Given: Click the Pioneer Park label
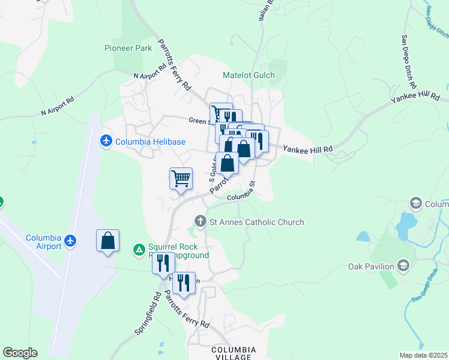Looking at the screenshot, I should pyautogui.click(x=128, y=48).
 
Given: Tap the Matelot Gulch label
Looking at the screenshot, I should pyautogui.click(x=249, y=75).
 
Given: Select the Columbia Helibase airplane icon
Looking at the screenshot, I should pyautogui.click(x=107, y=142).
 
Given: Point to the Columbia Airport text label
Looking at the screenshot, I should pyautogui.click(x=43, y=242).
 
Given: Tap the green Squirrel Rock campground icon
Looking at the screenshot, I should pyautogui.click(x=139, y=248).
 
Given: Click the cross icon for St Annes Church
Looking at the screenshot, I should pyautogui.click(x=200, y=222).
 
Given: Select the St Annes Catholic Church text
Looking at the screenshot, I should pyautogui.click(x=256, y=222).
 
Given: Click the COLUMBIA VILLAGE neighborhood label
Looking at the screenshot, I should pyautogui.click(x=233, y=353).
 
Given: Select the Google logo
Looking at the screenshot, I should pyautogui.click(x=19, y=353).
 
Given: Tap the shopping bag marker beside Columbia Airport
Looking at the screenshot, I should pyautogui.click(x=107, y=241).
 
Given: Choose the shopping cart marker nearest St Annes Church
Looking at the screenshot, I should pyautogui.click(x=181, y=178).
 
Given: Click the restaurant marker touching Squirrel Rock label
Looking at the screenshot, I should pyautogui.click(x=163, y=263).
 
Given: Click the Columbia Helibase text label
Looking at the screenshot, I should pyautogui.click(x=150, y=142).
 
